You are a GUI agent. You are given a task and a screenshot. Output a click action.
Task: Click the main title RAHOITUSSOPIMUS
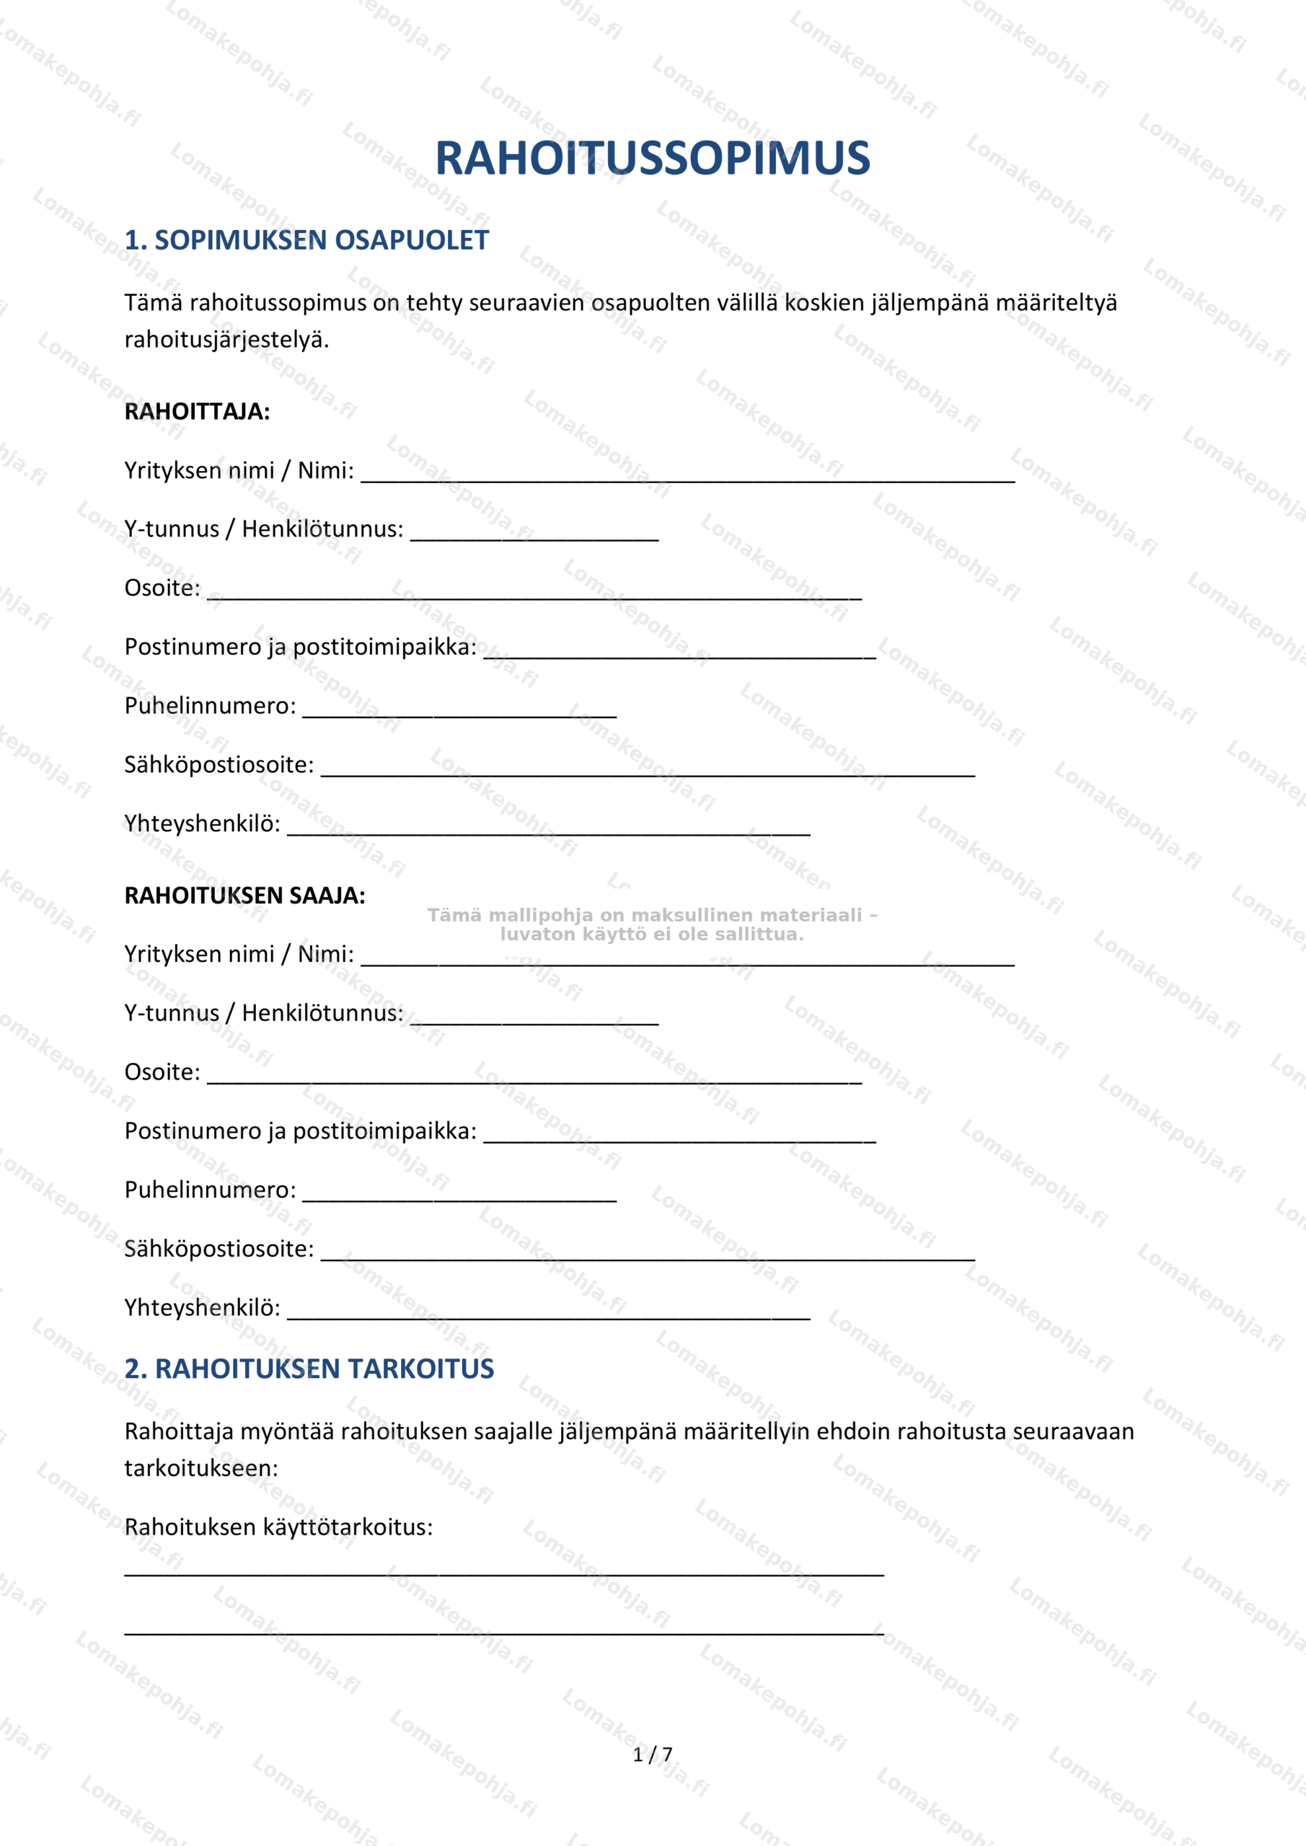click(652, 158)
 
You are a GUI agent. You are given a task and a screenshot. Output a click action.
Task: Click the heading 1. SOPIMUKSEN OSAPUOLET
click(306, 239)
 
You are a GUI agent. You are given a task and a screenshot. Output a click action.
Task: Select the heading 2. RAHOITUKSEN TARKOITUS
click(309, 1369)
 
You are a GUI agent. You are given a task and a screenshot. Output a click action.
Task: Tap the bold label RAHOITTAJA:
click(197, 412)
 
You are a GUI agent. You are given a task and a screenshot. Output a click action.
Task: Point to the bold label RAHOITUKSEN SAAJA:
click(244, 896)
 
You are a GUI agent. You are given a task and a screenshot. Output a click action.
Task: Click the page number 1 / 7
click(652, 1754)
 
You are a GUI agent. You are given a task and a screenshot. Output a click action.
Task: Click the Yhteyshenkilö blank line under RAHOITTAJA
click(549, 831)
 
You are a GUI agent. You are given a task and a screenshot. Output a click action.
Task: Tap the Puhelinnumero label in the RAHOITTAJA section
click(210, 706)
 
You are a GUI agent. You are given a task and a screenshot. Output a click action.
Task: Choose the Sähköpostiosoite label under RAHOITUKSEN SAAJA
click(219, 1249)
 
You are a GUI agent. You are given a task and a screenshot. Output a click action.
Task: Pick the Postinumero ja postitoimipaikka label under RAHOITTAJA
click(300, 648)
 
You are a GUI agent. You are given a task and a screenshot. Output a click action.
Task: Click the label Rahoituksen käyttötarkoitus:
click(278, 1527)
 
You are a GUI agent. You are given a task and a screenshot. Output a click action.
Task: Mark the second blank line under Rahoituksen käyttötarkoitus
click(503, 1633)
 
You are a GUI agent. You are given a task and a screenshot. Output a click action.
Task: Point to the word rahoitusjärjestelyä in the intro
click(226, 340)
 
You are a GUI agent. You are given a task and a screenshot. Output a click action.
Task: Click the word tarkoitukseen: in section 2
click(201, 1468)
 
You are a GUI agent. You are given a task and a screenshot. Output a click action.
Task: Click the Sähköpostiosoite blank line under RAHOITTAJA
click(648, 772)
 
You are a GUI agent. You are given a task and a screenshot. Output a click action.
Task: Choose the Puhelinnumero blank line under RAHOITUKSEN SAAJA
click(459, 1198)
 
